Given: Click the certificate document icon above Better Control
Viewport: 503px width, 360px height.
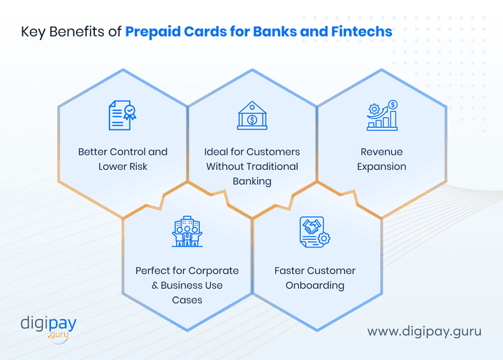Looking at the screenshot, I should (122, 115).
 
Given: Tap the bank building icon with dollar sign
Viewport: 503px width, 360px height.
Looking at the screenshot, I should (252, 115).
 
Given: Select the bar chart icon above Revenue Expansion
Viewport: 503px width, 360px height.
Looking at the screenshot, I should (382, 115).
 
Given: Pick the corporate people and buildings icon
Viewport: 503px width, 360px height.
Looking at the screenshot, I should (187, 232).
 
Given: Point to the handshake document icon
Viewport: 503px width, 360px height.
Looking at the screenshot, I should (314, 232).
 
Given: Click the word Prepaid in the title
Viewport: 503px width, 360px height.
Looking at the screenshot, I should (155, 32).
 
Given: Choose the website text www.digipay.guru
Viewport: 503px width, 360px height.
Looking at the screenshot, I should (424, 331).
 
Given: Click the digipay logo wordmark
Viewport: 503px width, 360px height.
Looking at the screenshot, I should (48, 324).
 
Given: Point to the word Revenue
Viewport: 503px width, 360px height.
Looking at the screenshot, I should (381, 152).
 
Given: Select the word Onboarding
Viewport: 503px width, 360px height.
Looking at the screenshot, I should (314, 285).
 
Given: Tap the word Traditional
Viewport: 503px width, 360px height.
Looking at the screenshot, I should (271, 166).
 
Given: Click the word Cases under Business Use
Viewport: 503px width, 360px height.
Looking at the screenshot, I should (187, 300).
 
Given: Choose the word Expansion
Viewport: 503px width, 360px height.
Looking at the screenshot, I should (381, 166).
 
